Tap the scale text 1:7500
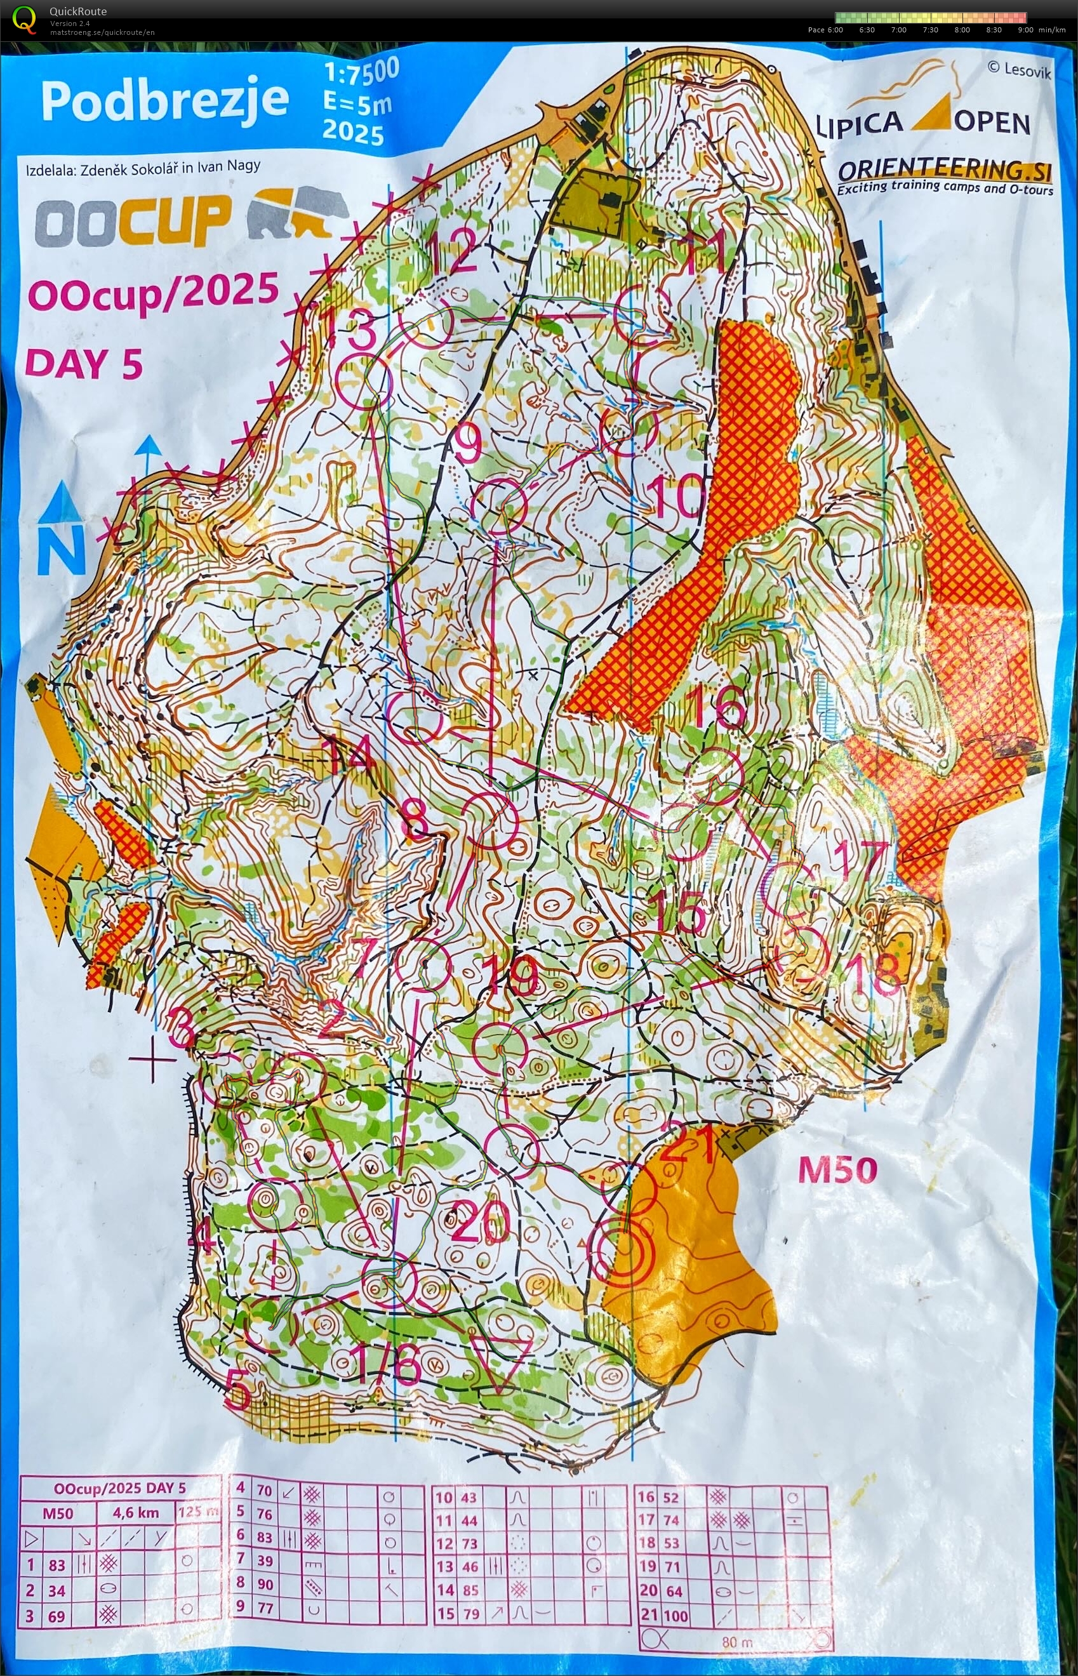tap(361, 70)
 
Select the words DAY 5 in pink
tap(84, 364)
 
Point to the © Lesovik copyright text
tap(1018, 69)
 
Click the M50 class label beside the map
tap(837, 1170)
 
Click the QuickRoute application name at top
tap(77, 11)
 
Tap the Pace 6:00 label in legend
tap(825, 30)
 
